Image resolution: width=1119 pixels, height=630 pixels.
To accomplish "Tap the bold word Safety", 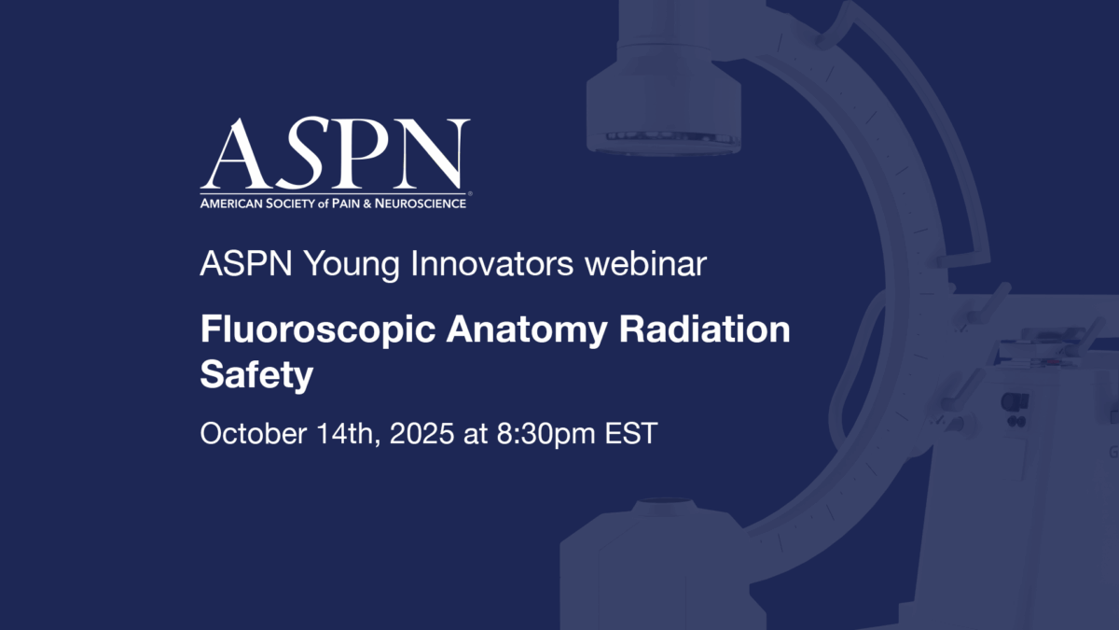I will [256, 376].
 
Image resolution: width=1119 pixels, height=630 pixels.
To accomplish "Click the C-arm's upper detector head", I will [663, 103].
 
